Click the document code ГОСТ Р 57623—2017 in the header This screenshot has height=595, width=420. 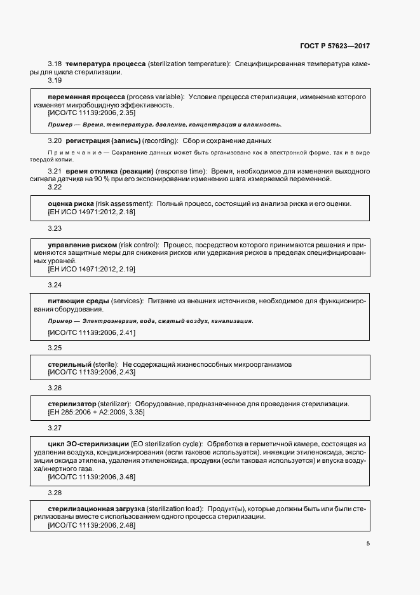(334, 46)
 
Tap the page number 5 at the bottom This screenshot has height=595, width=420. (368, 544)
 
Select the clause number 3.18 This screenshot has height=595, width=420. (55, 64)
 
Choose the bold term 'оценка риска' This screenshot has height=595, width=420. (71, 203)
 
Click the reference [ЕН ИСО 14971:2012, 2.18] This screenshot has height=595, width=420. (91, 212)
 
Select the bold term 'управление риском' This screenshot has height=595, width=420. (82, 245)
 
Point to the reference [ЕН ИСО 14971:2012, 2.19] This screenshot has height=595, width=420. (91, 269)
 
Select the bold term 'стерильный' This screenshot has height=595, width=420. (69, 364)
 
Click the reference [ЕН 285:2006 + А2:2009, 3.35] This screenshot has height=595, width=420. (96, 413)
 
